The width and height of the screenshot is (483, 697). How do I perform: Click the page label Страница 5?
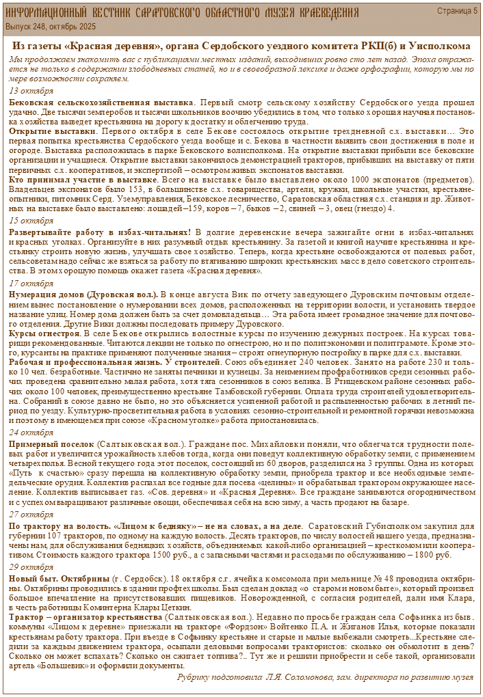coord(457,11)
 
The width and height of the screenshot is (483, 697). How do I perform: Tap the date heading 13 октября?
coord(31,91)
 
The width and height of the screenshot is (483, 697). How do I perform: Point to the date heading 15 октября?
coord(31,221)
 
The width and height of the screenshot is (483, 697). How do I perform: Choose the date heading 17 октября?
coord(31,283)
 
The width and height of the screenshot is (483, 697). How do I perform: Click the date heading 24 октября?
coord(31,433)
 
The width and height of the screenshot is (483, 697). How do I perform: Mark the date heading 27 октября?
coord(31,514)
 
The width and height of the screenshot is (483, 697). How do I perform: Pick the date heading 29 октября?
coord(31,567)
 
